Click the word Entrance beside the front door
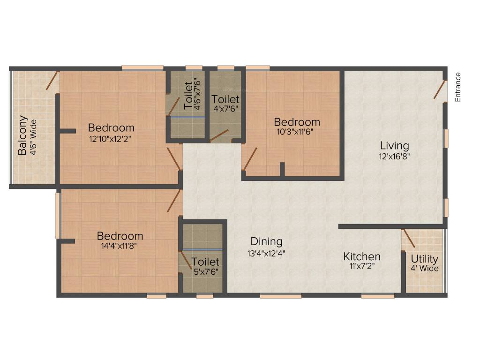click(458, 87)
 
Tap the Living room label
click(394, 145)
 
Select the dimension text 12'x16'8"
click(394, 157)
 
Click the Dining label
click(266, 242)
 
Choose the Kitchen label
click(362, 257)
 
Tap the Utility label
click(425, 259)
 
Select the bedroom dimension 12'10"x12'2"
click(112, 139)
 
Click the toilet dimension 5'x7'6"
click(205, 271)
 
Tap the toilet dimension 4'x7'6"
click(225, 109)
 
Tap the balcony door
click(52, 81)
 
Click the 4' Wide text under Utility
click(425, 269)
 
